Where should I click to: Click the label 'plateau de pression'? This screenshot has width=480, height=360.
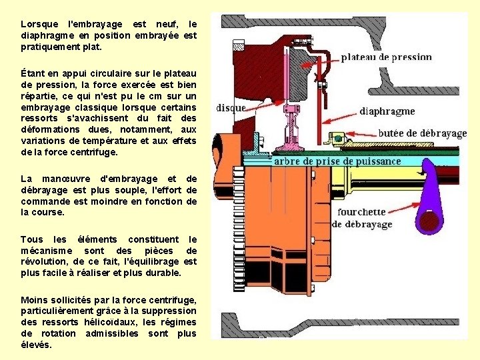(x=387, y=57)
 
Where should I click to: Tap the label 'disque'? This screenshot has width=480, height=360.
(x=231, y=107)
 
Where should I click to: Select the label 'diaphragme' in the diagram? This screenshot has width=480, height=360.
(x=387, y=111)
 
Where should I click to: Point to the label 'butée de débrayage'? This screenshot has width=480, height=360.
(x=423, y=133)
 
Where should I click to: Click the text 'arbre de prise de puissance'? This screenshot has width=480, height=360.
(x=337, y=161)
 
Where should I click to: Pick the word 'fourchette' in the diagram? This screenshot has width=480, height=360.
(x=361, y=212)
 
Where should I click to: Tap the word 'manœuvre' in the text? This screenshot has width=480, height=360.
(x=67, y=179)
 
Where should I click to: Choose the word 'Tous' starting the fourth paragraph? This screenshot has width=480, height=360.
(x=31, y=239)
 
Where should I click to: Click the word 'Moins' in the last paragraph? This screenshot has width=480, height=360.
(x=34, y=299)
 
